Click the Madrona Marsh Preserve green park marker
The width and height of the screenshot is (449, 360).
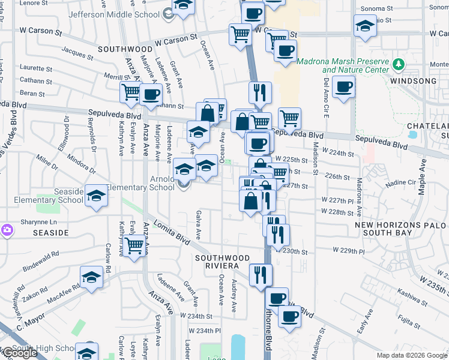pyautogui.click(x=397, y=64)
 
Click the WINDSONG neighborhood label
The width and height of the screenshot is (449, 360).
pyautogui.click(x=413, y=81)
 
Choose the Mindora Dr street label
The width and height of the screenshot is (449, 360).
pyautogui.click(x=82, y=163)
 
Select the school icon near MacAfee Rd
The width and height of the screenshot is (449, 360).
pyautogui.click(x=91, y=278)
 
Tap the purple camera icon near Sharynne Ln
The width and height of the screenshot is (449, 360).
pyautogui.click(x=7, y=230)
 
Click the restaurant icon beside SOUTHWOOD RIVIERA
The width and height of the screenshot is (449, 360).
pyautogui.click(x=260, y=275)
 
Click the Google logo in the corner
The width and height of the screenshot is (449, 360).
pyautogui.click(x=19, y=353)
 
